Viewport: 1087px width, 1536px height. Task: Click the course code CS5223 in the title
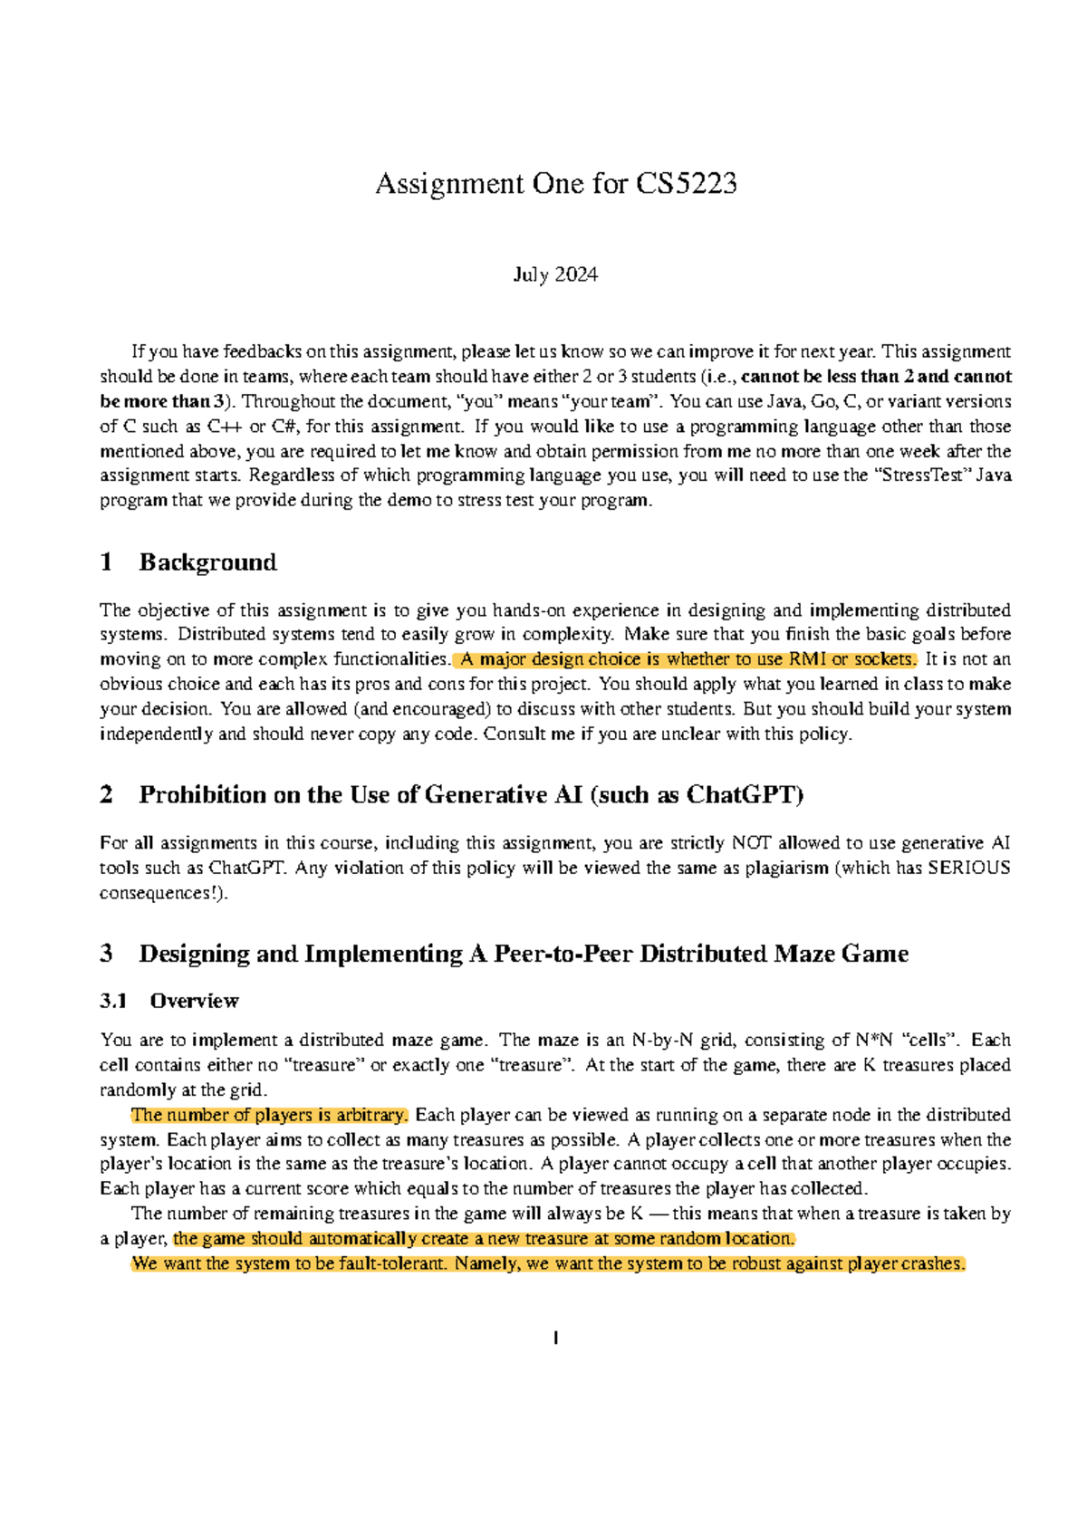click(x=686, y=184)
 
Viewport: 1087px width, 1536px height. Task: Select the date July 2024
click(x=555, y=274)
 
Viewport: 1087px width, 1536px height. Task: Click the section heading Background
click(x=207, y=562)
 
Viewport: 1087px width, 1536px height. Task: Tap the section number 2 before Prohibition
click(x=107, y=795)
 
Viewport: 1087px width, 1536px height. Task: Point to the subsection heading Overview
click(x=194, y=1001)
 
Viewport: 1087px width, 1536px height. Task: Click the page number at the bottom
click(x=555, y=1338)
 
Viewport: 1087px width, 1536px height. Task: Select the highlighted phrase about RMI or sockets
click(x=687, y=659)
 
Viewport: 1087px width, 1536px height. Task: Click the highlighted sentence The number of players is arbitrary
click(x=270, y=1115)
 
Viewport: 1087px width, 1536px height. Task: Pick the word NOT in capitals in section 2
click(x=751, y=843)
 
